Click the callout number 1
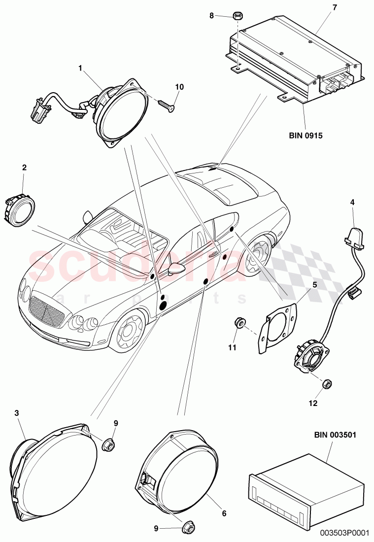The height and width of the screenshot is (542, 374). [80, 68]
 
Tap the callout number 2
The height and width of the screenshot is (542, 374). [24, 168]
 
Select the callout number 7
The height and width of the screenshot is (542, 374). [335, 7]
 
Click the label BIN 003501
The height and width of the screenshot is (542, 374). [332, 435]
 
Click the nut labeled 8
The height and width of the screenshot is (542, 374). [236, 16]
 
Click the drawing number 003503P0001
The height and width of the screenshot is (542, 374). [344, 532]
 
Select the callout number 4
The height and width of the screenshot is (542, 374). [352, 202]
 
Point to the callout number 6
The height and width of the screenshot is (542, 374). [224, 513]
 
